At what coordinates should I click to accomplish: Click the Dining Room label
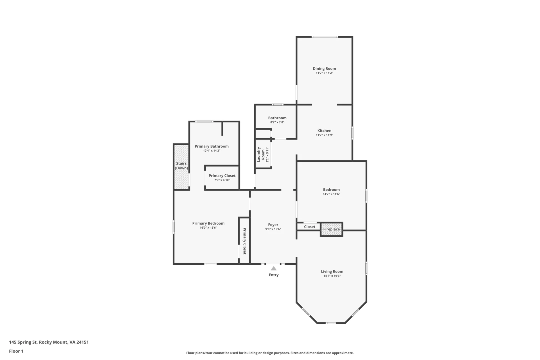pos(324,68)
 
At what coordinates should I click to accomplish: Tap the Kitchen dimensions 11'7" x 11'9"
pos(324,135)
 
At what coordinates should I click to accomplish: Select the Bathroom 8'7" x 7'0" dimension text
pos(277,122)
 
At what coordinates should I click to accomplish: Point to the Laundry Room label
pos(261,154)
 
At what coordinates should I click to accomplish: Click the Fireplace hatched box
pos(332,229)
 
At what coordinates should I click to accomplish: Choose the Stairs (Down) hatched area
pos(181,167)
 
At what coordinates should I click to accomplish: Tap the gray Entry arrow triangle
pos(273,268)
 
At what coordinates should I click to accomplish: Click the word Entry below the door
pos(274,275)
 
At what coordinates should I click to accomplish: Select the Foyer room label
pos(273,225)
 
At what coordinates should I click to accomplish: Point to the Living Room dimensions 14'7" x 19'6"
pos(332,276)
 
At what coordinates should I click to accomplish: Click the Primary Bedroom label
pos(208,223)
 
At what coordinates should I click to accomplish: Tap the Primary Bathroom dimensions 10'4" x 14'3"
pos(212,151)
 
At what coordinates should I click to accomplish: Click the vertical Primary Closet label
pos(244,241)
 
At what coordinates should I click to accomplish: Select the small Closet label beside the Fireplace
pos(310,227)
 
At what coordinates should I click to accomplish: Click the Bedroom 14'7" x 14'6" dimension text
pos(332,194)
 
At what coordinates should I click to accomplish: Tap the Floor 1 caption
pos(16,351)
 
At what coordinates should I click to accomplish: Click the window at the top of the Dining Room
pos(325,37)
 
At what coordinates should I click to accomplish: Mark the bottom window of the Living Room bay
pos(331,323)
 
